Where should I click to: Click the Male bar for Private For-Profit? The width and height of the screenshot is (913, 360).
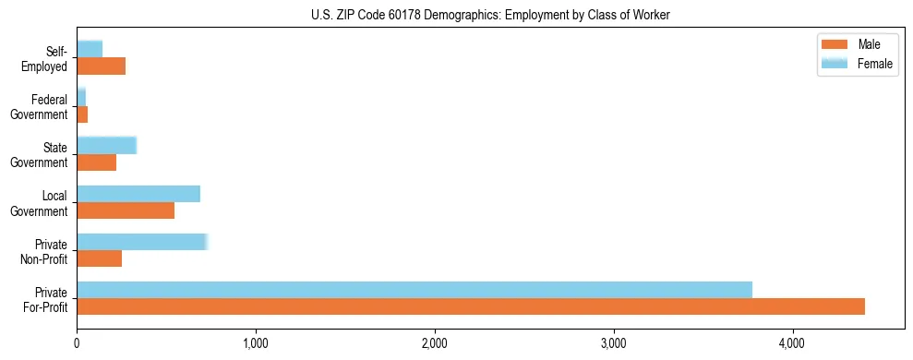(x=471, y=306)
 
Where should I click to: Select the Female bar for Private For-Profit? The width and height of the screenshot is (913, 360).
(x=414, y=290)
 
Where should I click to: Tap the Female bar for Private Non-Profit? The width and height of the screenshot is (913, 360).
(x=142, y=242)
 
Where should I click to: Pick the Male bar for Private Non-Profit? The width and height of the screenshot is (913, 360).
(x=100, y=258)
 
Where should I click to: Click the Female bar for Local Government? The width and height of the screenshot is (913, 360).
(x=138, y=194)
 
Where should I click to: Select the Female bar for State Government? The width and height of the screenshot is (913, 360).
(x=107, y=145)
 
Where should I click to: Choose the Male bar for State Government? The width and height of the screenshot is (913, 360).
(x=97, y=162)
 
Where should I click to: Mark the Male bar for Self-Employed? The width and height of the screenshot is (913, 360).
(x=102, y=66)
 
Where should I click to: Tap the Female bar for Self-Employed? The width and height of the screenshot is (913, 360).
(x=90, y=49)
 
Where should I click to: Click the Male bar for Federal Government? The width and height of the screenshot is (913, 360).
(x=82, y=114)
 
